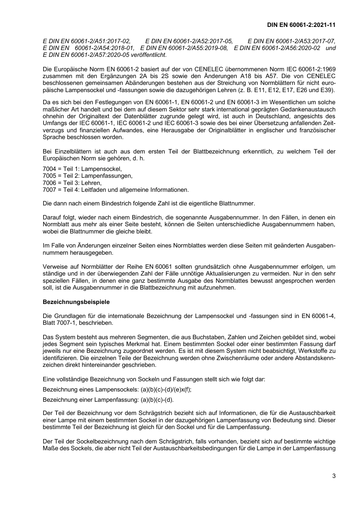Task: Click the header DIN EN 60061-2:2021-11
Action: click(x=301, y=25)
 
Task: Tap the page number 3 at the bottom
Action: click(x=333, y=476)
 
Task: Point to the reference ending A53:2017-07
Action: click(x=291, y=41)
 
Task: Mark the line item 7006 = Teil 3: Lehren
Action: click(x=72, y=183)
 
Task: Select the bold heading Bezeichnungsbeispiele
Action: click(x=76, y=302)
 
